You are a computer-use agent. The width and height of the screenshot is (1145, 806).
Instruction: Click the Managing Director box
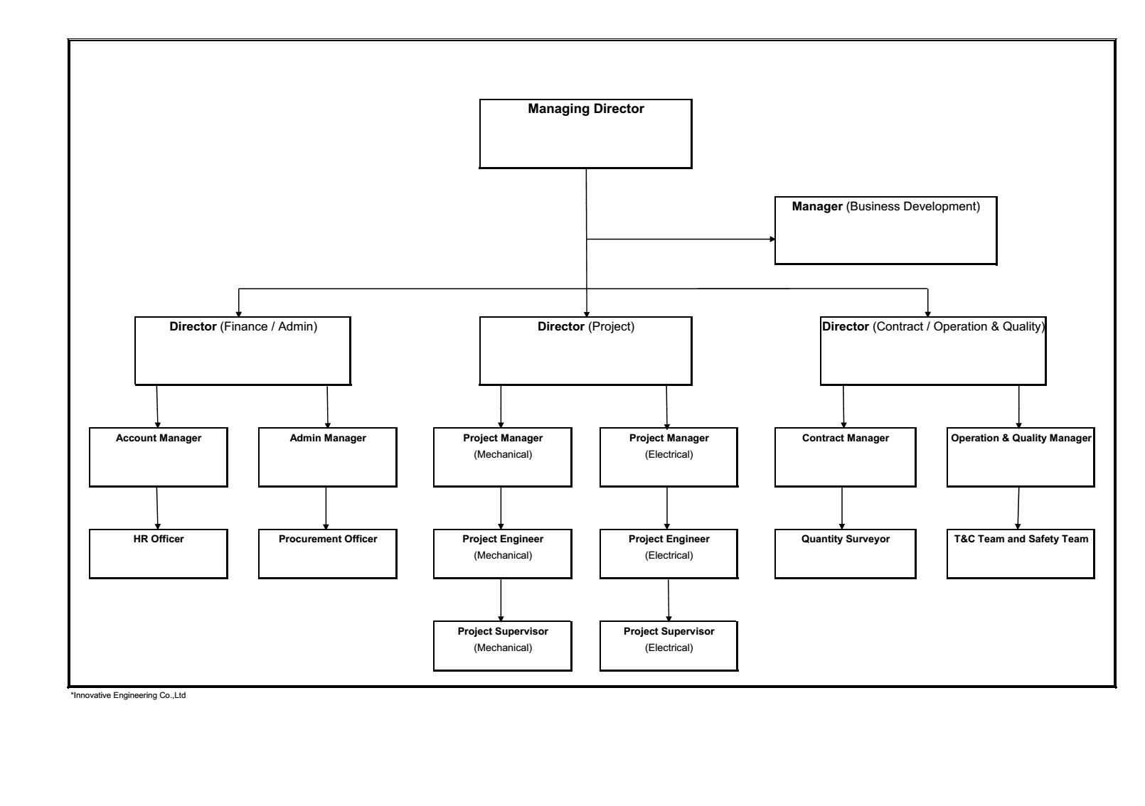pyautogui.click(x=585, y=134)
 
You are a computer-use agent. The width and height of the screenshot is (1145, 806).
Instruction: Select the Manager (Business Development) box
pyautogui.click(x=886, y=230)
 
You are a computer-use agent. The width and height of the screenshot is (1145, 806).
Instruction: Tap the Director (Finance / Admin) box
pyautogui.click(x=243, y=351)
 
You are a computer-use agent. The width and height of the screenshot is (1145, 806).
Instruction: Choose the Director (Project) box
pyautogui.click(x=585, y=351)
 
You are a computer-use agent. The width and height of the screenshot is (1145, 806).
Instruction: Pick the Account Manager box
pyautogui.click(x=159, y=457)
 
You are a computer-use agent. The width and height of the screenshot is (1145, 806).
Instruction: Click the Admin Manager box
pyautogui.click(x=328, y=457)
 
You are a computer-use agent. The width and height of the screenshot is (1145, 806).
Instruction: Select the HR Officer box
pyautogui.click(x=159, y=554)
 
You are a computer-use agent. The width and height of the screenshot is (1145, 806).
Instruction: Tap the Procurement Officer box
pyautogui.click(x=328, y=554)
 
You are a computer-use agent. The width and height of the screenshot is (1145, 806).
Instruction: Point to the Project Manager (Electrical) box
pyautogui.click(x=669, y=457)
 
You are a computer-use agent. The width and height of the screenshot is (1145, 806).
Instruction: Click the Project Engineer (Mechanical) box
pyautogui.click(x=503, y=554)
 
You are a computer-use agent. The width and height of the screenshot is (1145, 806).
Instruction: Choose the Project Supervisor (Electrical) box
pyautogui.click(x=669, y=645)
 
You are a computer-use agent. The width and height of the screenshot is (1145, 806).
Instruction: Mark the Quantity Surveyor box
pyautogui.click(x=846, y=554)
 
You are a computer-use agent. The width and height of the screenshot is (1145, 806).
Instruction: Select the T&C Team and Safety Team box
pyautogui.click(x=1021, y=554)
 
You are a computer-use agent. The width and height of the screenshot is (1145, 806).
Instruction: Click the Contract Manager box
pyautogui.click(x=846, y=457)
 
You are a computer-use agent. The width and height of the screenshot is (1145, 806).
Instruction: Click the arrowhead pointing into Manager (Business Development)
pyautogui.click(x=772, y=239)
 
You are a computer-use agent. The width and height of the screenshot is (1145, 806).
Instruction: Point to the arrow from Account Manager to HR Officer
pyautogui.click(x=157, y=508)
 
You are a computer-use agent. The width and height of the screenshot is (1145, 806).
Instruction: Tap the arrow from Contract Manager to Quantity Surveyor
pyautogui.click(x=842, y=508)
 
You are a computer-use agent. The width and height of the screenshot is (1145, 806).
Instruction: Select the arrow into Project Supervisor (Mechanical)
pyautogui.click(x=501, y=600)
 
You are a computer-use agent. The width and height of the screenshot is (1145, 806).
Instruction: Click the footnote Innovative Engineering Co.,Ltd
pyautogui.click(x=128, y=695)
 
